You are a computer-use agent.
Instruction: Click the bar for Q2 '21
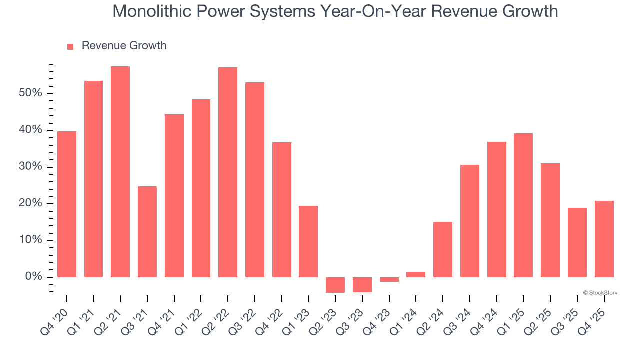click(x=120, y=172)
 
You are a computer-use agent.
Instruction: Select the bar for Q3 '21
click(x=147, y=232)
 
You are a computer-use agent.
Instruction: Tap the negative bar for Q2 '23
click(x=335, y=285)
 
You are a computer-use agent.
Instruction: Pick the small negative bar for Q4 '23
click(x=389, y=279)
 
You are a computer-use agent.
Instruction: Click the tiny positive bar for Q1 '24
click(x=416, y=274)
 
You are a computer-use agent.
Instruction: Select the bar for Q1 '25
click(x=523, y=205)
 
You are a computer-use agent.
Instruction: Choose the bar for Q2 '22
click(x=228, y=172)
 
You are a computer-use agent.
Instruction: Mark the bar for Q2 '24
click(x=443, y=249)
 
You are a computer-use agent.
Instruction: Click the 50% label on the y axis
click(x=30, y=93)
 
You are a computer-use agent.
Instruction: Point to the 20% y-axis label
click(x=30, y=203)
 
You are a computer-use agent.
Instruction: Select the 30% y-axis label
click(x=30, y=167)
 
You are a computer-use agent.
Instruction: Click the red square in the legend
click(x=70, y=46)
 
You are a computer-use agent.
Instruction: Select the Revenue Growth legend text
click(x=124, y=46)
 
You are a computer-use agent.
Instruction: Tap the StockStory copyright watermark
click(x=600, y=293)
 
